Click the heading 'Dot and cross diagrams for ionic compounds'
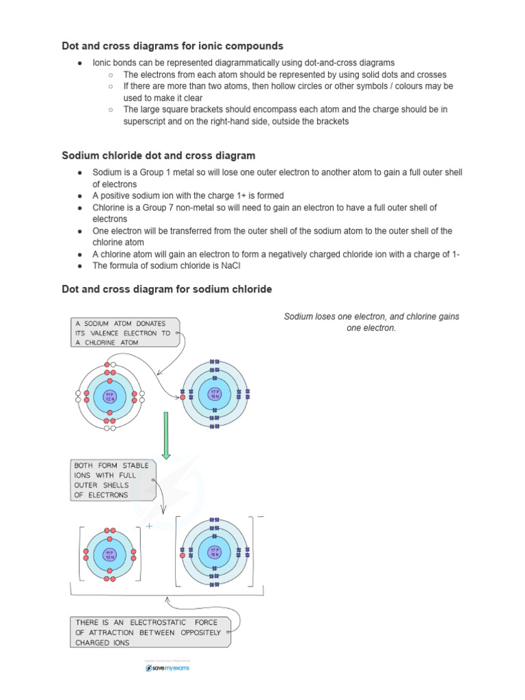point(172,46)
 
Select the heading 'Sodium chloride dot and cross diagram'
point(159,156)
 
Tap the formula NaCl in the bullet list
point(229,266)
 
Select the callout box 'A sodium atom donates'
point(123,333)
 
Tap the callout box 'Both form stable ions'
point(111,480)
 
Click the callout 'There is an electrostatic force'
point(149,632)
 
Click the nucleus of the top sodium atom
point(109,396)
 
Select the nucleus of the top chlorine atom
point(214,394)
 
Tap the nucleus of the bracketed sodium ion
point(109,554)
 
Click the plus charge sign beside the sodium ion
point(149,526)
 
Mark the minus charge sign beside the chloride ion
point(260,517)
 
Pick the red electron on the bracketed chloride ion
point(183,555)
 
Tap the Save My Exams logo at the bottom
point(167,668)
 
